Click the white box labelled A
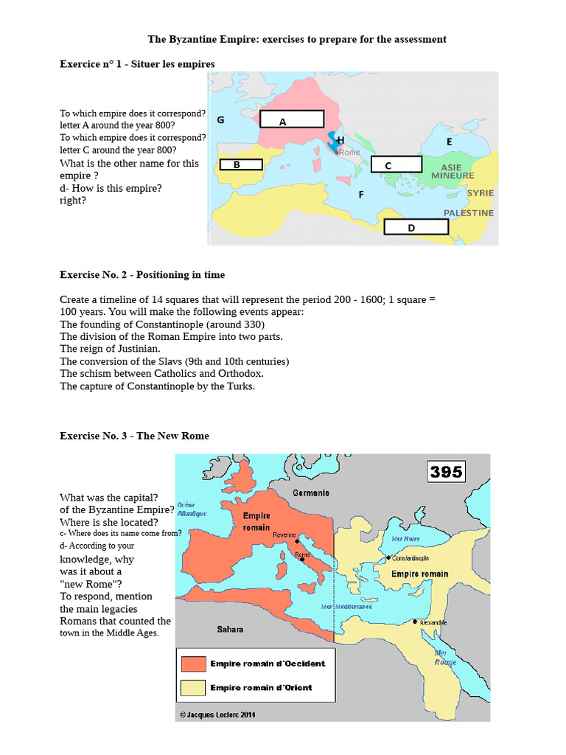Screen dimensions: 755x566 click(291, 120)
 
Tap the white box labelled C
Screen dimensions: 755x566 click(396, 165)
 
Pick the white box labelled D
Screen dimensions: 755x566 click(416, 226)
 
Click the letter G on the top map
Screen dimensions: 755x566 click(220, 120)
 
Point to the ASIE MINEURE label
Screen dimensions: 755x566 click(453, 172)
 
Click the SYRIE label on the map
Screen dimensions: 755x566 click(480, 193)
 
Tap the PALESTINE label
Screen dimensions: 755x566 click(469, 213)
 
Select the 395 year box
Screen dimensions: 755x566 click(446, 471)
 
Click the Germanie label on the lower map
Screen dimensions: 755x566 click(311, 493)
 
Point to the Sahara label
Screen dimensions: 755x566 click(230, 629)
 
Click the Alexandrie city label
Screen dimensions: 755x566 click(433, 623)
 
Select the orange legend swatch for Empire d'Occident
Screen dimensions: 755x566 click(192, 664)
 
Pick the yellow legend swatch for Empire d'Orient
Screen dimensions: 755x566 click(192, 688)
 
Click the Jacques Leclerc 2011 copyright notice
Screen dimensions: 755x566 click(218, 714)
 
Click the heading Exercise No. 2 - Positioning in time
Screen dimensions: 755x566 click(142, 275)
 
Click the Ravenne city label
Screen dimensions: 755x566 click(284, 535)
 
